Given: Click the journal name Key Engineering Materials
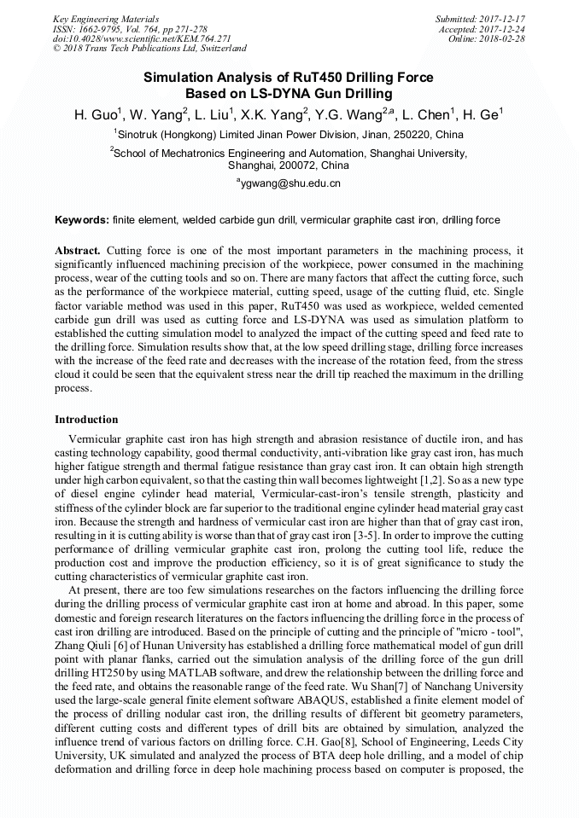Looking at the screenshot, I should (x=106, y=18).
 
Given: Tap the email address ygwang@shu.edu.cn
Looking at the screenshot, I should (x=289, y=183).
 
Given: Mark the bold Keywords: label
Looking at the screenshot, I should (x=82, y=220).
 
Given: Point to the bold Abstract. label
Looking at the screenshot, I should (x=78, y=251).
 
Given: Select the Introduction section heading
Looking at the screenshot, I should (x=86, y=420).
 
